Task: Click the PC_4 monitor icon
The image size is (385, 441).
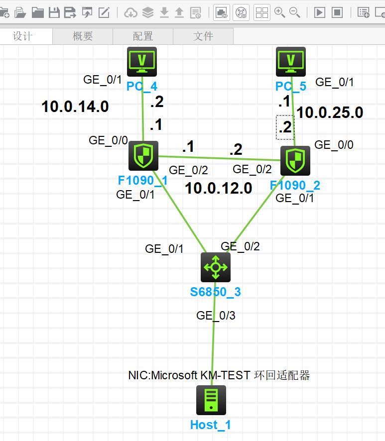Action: tap(142, 62)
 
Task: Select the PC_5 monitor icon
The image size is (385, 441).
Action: tap(291, 62)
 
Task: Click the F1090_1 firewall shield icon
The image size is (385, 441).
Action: tap(143, 156)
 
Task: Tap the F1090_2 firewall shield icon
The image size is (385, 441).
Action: tap(295, 161)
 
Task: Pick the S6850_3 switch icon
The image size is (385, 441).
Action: tap(215, 267)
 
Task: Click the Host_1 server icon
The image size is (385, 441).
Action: tap(211, 400)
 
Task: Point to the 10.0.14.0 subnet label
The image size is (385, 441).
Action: tap(75, 106)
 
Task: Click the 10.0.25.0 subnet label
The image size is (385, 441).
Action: tap(330, 112)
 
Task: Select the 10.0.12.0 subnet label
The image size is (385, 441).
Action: tap(219, 188)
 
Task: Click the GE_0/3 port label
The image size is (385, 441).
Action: tap(215, 315)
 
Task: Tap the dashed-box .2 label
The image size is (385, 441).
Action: tap(285, 127)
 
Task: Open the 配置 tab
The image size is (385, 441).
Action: tap(143, 36)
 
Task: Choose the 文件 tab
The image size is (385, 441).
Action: tap(203, 36)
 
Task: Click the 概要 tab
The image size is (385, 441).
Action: tap(83, 36)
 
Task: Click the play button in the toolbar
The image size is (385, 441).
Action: tap(320, 12)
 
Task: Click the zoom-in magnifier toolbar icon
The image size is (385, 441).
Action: tap(279, 12)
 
